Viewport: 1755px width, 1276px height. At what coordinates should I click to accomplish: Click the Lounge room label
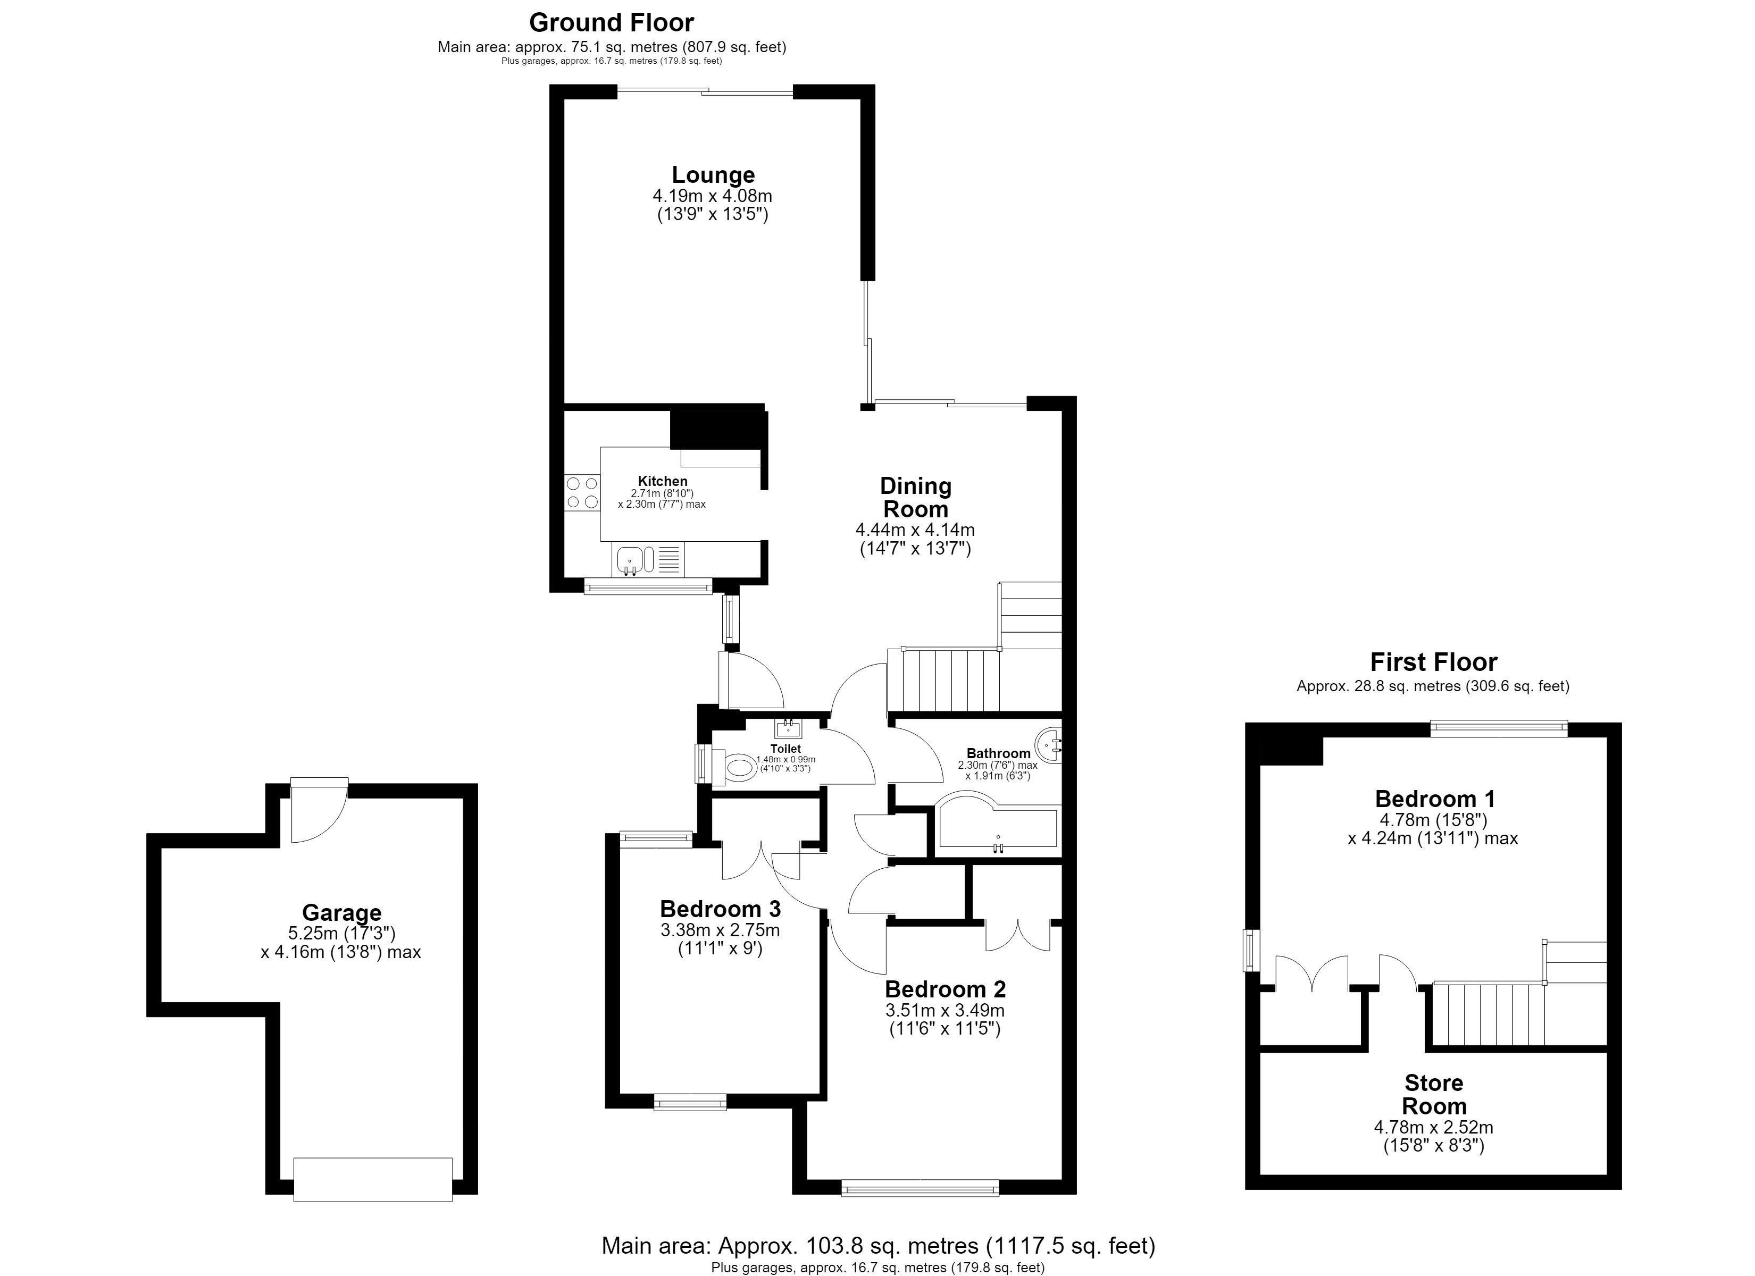point(713,175)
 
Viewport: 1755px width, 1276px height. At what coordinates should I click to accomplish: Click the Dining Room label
point(915,498)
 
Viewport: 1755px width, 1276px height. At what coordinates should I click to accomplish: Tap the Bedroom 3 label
point(720,909)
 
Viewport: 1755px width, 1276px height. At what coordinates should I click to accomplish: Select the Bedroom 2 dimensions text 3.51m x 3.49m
point(945,1011)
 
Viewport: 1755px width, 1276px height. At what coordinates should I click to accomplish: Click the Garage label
point(341,913)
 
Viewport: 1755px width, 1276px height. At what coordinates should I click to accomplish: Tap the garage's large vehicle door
point(373,1179)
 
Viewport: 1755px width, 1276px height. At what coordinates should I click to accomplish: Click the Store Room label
point(1434,1094)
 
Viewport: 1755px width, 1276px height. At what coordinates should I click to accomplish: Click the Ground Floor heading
point(611,22)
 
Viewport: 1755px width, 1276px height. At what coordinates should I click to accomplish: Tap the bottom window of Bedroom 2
point(920,1188)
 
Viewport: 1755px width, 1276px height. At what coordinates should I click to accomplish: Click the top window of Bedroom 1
point(1499,727)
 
